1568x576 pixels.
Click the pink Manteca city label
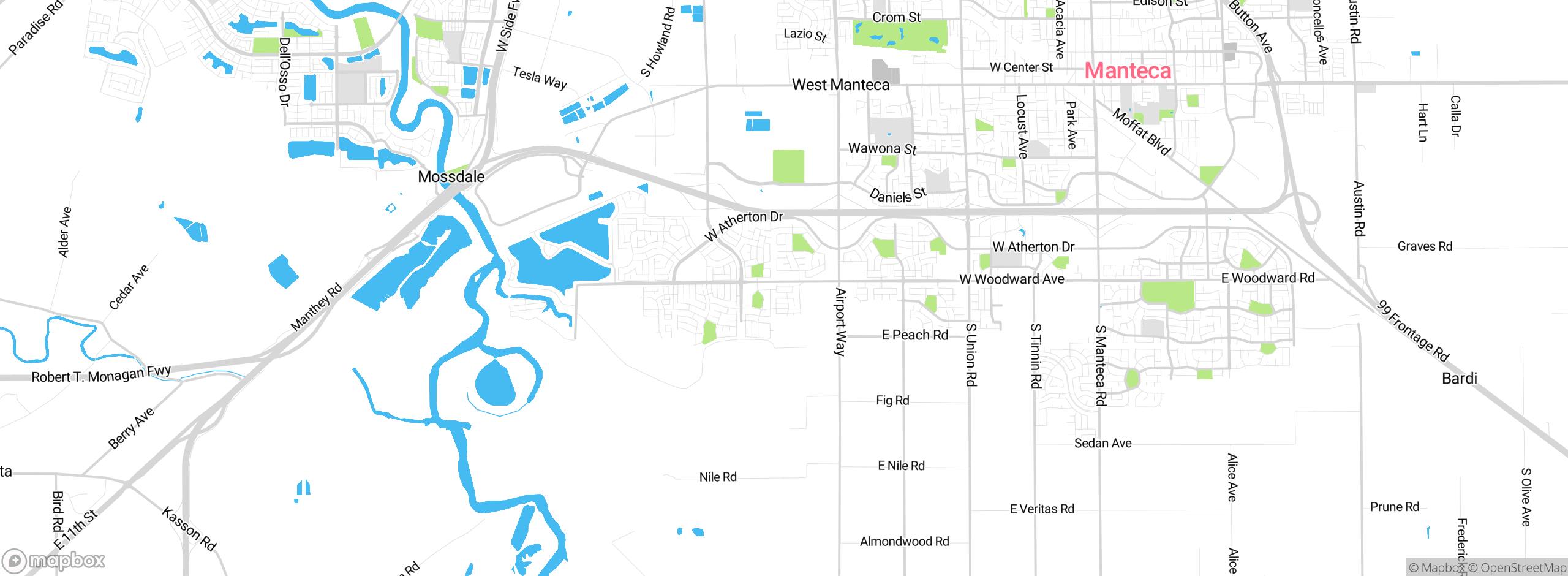click(x=1128, y=70)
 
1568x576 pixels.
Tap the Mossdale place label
click(x=451, y=176)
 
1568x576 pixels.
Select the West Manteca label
click(x=840, y=85)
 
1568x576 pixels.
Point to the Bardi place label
click(x=1460, y=378)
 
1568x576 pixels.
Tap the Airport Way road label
click(x=840, y=322)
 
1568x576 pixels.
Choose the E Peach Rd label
click(x=915, y=335)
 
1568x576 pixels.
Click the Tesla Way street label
click(x=540, y=78)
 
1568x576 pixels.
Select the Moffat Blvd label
click(x=1141, y=132)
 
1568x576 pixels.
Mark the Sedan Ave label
click(x=1102, y=443)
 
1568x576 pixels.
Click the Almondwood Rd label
click(x=904, y=541)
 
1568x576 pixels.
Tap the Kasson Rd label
click(x=189, y=528)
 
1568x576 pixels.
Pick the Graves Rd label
click(x=1425, y=246)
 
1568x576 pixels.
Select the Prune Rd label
click(x=1395, y=507)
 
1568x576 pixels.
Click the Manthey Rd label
click(x=316, y=307)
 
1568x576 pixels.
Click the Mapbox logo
click(x=54, y=561)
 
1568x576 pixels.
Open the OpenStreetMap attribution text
click(x=1523, y=568)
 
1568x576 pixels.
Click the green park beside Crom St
click(x=900, y=34)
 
